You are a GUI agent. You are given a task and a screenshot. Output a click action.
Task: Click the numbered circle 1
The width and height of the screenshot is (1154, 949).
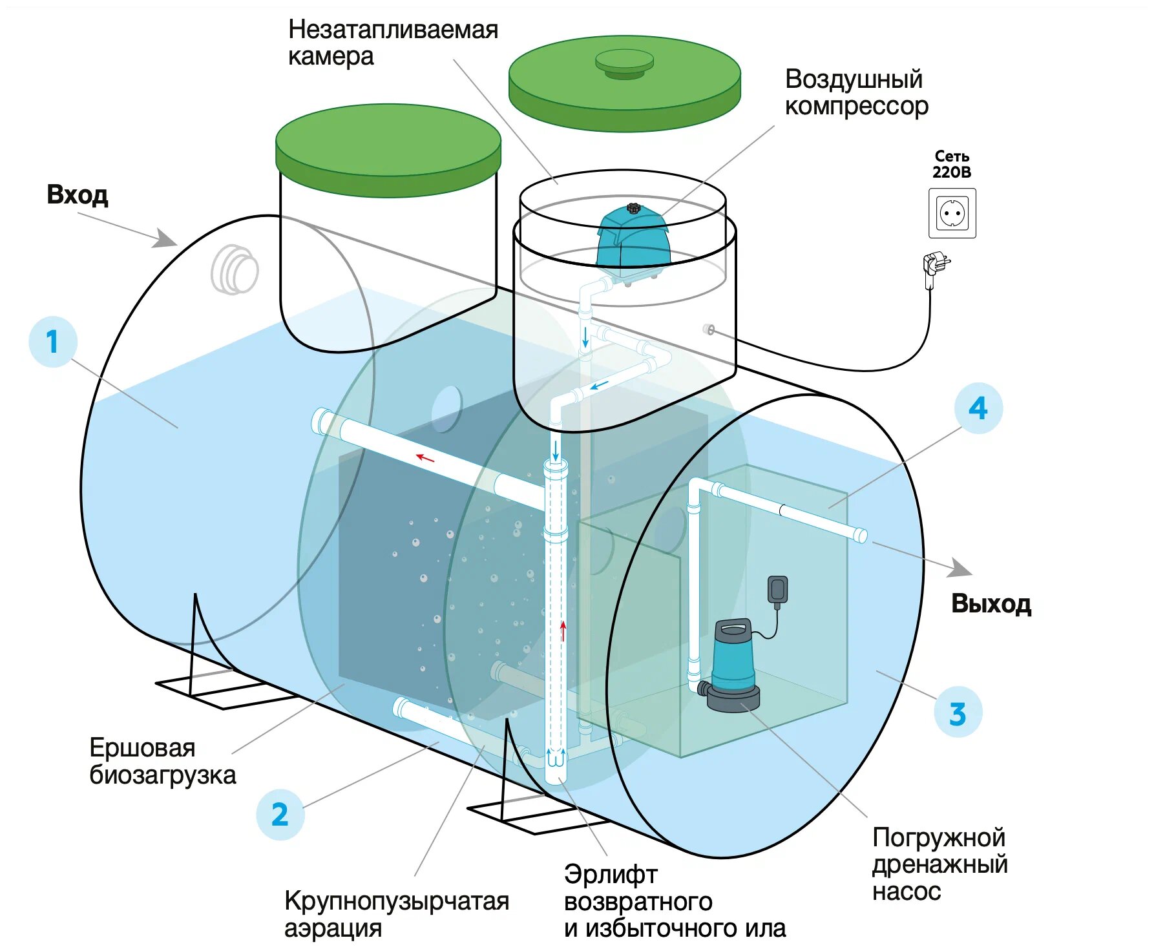(x=53, y=342)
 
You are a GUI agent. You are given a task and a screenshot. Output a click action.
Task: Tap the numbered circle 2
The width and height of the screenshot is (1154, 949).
(x=280, y=815)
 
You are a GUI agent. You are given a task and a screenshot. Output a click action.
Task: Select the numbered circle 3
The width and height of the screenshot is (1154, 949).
(x=958, y=713)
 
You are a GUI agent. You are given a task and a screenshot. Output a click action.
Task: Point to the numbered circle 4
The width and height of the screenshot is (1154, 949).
(x=978, y=408)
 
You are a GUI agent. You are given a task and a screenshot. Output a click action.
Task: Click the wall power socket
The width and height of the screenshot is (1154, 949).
(x=952, y=213)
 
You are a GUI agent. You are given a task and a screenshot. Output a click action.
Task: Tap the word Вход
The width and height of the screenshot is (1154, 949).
(x=77, y=194)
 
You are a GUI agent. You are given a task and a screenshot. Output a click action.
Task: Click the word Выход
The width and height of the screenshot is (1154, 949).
(x=991, y=603)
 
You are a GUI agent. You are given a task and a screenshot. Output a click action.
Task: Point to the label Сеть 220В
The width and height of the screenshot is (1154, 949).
(x=952, y=164)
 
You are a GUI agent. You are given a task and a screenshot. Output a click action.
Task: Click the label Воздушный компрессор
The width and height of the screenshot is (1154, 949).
(x=856, y=92)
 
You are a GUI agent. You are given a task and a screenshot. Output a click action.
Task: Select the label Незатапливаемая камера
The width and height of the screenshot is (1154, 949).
(x=393, y=43)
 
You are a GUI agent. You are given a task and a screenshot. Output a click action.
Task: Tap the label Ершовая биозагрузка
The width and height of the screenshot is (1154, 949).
(x=162, y=761)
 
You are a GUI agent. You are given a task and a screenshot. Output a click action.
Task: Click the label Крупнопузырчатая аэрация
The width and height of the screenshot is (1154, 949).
(x=396, y=913)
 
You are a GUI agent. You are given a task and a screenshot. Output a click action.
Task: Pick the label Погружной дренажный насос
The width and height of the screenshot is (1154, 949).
(x=939, y=864)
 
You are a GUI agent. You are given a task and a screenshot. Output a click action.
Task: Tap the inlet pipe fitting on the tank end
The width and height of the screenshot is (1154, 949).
(x=235, y=269)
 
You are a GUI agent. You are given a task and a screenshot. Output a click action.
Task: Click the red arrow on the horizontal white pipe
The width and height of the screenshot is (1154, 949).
(x=425, y=457)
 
